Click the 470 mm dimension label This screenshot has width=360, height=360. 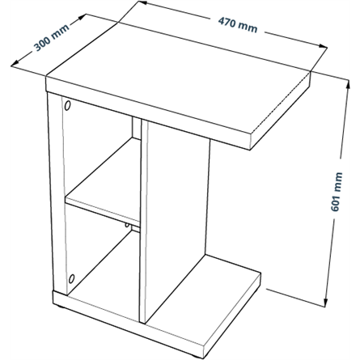(x=238, y=25)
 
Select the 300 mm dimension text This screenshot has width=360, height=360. (x=51, y=38)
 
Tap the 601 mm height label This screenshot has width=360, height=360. (x=337, y=192)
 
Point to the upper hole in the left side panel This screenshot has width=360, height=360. (x=67, y=105)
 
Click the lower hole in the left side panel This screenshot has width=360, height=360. (x=71, y=278)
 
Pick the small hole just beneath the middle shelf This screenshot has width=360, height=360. (x=127, y=225)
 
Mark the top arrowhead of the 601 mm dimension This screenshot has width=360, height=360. (x=348, y=84)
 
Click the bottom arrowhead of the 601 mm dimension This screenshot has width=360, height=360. (x=326, y=302)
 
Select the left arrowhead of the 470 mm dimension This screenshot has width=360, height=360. (x=142, y=2)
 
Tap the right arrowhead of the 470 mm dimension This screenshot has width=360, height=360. (x=323, y=46)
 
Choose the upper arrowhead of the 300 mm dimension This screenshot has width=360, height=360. (x=82, y=17)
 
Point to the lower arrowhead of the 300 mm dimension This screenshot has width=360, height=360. (x=15, y=63)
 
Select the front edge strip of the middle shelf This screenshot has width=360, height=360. (x=103, y=212)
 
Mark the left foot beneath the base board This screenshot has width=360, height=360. (x=61, y=307)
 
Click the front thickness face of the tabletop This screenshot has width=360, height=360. (x=148, y=113)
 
